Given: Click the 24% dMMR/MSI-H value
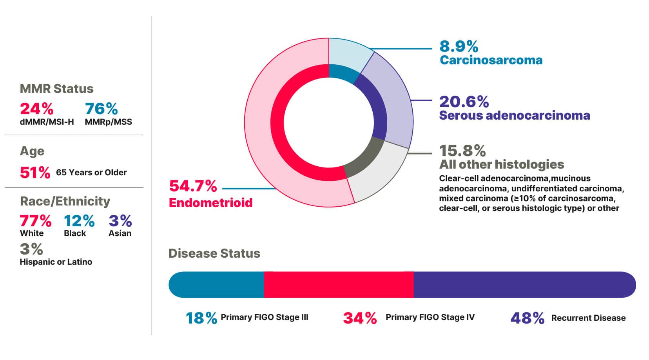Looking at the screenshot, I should (36, 109).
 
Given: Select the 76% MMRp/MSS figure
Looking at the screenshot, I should (101, 109).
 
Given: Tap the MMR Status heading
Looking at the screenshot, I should (56, 89).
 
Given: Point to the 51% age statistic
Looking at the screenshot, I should (35, 173).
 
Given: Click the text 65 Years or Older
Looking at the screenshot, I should (91, 173).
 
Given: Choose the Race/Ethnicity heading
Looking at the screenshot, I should (65, 201).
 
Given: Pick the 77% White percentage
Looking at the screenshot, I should (35, 221).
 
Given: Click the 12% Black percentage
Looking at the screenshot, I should (79, 221).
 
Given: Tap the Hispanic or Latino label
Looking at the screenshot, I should (56, 262).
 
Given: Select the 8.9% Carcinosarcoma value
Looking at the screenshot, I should (459, 46).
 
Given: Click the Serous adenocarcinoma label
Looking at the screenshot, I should (514, 115).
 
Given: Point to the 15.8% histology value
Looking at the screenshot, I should (462, 151).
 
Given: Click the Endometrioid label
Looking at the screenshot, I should (210, 203).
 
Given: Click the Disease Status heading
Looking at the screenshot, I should (214, 253).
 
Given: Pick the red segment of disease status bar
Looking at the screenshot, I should (339, 285).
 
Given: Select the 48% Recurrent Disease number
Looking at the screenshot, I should (527, 318).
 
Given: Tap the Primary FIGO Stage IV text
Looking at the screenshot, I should (430, 317).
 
